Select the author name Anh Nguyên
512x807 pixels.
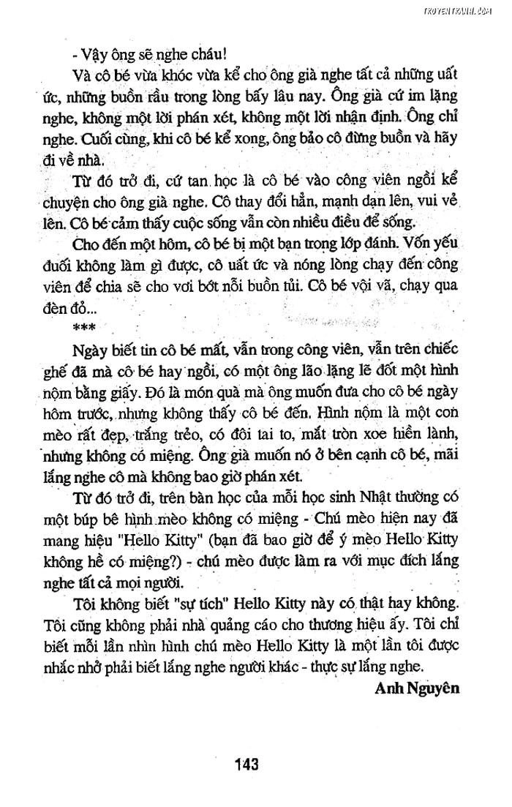tap(416, 688)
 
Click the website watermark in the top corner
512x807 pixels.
tap(467, 11)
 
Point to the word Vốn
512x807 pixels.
tap(413, 243)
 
